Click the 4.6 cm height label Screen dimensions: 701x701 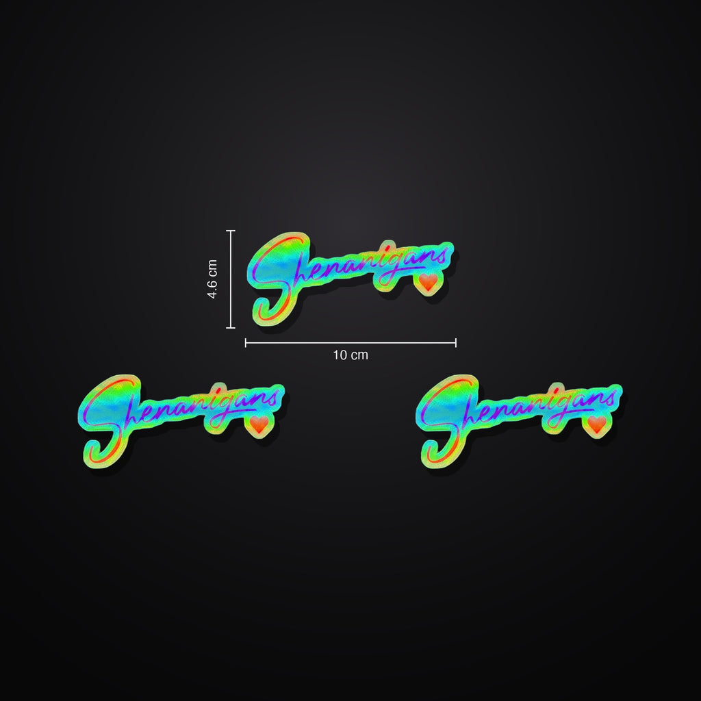[212, 279]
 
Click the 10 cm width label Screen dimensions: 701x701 [350, 355]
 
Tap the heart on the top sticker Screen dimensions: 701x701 [428, 281]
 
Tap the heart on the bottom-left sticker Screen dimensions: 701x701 [259, 424]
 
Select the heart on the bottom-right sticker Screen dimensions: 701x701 [597, 424]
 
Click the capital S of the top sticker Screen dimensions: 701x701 [277, 277]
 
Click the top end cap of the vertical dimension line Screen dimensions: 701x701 [231, 231]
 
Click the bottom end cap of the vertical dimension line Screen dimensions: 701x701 [231, 328]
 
